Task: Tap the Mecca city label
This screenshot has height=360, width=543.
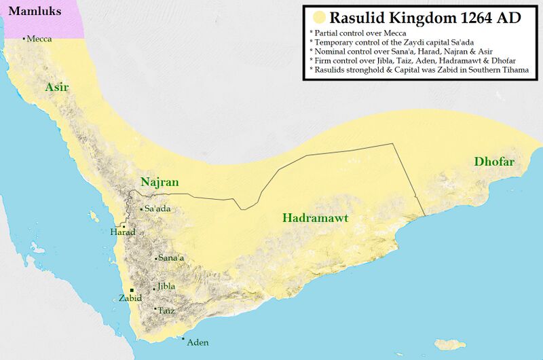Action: coord(39,39)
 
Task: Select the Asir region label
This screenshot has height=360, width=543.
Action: coord(57,87)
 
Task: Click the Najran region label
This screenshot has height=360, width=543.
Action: coord(160,182)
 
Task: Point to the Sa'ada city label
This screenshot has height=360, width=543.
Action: coord(157,209)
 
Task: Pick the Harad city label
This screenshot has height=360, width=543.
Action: coord(123,232)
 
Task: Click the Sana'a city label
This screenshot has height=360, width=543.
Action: coord(171,258)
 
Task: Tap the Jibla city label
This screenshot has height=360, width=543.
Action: coord(166,287)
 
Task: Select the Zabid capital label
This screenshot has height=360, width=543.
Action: coord(130,298)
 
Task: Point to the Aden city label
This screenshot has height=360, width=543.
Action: coord(198,342)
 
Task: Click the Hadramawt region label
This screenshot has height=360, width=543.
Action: coord(315,218)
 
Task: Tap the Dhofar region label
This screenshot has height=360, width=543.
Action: coord(494,162)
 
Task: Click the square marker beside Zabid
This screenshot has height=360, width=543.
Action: coord(132,290)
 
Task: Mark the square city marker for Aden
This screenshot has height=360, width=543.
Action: coord(183,339)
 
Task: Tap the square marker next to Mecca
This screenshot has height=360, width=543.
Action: coord(24,39)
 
